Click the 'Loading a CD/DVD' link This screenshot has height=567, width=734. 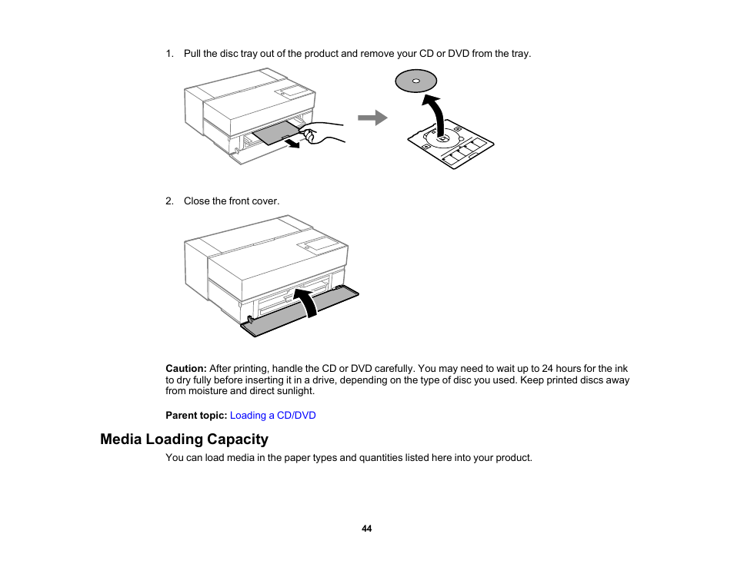(272, 416)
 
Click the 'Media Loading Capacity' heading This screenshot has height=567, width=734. (184, 439)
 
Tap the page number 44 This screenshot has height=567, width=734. (367, 529)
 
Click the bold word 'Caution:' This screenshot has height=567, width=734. (186, 369)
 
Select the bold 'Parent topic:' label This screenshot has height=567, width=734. (196, 416)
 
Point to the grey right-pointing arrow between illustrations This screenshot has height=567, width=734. (372, 118)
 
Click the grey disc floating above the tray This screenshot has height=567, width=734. (415, 81)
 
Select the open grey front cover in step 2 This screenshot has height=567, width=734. (300, 312)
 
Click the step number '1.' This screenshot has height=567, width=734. (170, 54)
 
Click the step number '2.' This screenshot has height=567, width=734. (170, 201)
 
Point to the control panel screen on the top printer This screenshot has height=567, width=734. (294, 91)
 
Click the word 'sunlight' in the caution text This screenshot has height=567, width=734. (295, 391)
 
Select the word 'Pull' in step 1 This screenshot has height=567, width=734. (192, 54)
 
